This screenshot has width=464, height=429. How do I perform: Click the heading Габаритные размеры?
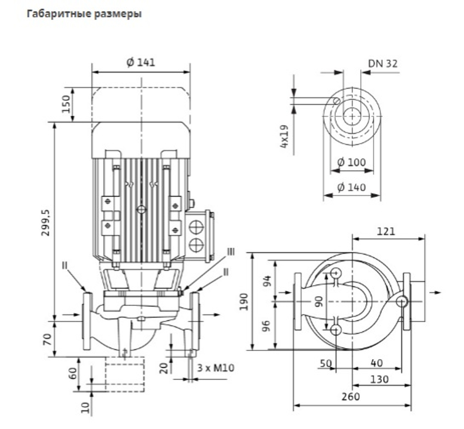[84, 14]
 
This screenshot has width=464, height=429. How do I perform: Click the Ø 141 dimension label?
[141, 63]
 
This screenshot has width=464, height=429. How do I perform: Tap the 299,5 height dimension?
[46, 223]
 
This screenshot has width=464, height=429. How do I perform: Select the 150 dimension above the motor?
[66, 104]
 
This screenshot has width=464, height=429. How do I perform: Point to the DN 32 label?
[383, 64]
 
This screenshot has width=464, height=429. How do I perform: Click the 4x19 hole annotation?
[284, 136]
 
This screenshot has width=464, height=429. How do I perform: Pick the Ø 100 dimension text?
[352, 162]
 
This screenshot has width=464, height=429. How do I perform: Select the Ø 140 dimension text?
[352, 187]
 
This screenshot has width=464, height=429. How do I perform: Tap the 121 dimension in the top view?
[386, 231]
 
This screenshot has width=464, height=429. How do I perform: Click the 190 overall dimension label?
[244, 301]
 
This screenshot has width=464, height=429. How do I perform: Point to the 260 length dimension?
[351, 397]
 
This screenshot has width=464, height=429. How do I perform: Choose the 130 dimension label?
[380, 379]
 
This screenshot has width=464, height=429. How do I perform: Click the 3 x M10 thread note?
[216, 368]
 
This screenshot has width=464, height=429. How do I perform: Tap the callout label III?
[231, 252]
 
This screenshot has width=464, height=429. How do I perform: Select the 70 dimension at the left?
[48, 339]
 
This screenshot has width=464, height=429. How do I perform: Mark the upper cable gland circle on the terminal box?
[196, 227]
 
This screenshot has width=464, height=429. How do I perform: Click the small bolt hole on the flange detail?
[336, 101]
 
